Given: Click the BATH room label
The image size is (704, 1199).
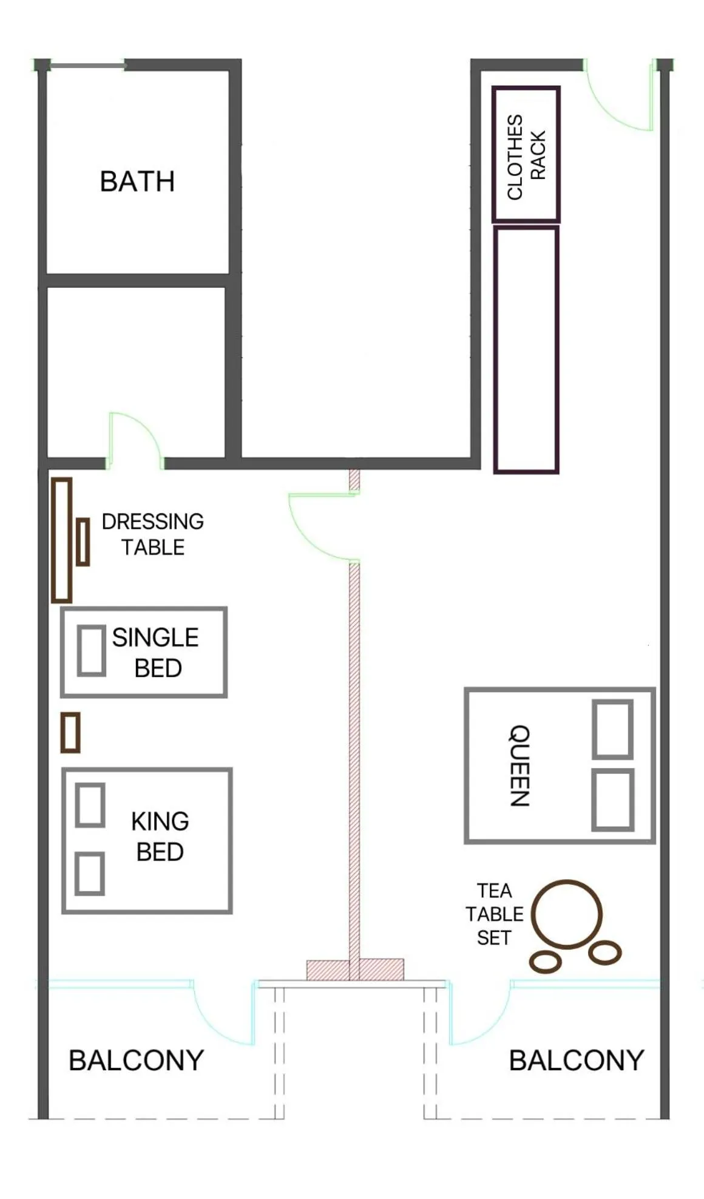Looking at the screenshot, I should click(137, 182).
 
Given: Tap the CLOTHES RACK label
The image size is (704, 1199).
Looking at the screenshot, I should click(526, 156).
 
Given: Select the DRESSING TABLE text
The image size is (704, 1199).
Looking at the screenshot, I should click(152, 534).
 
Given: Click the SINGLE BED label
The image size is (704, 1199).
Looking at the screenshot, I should click(156, 653).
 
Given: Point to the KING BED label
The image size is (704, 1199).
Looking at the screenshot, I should click(160, 836).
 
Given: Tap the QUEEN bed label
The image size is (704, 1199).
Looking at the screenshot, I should click(520, 765).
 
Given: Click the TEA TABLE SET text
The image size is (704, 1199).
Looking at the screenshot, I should click(494, 914).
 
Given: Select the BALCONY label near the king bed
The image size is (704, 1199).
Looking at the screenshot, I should click(136, 1060).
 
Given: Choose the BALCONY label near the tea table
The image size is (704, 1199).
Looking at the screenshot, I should click(576, 1060).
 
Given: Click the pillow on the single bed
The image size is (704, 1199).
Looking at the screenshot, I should click(92, 651).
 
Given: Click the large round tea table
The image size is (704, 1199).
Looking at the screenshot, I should click(567, 914).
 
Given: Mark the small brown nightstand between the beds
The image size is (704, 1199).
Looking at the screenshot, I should click(70, 733).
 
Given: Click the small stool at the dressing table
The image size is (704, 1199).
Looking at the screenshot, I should click(83, 542).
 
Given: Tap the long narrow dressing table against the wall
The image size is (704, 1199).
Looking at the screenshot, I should click(61, 540).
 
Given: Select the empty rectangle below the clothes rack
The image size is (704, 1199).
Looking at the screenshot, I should click(526, 350).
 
